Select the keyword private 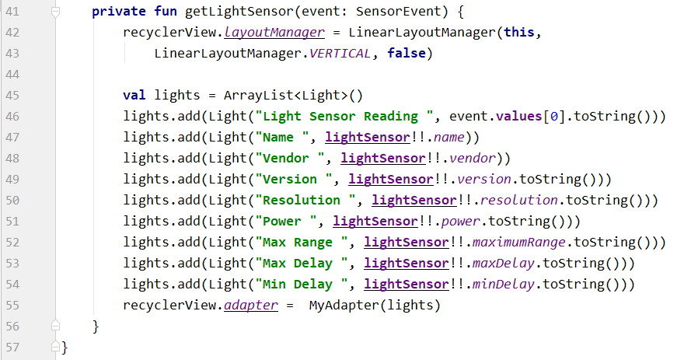click(x=119, y=12)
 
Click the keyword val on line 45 click(x=134, y=96)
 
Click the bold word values click(x=518, y=117)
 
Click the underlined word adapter click(x=251, y=305)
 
